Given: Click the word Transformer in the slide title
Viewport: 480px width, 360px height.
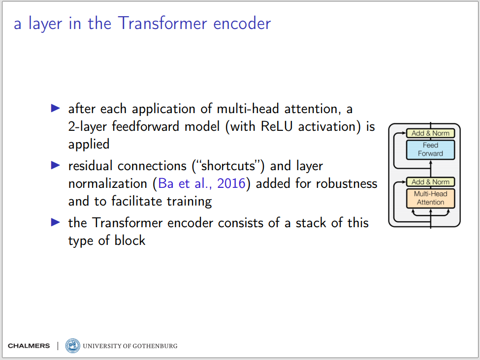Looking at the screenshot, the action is click(162, 23).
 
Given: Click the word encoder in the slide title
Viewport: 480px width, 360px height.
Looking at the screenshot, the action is click(242, 23).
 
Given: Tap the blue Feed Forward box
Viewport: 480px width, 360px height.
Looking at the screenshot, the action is click(430, 150).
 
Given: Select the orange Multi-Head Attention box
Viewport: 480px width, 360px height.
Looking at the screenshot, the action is click(430, 198).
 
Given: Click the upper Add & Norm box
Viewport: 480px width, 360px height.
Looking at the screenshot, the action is click(430, 133).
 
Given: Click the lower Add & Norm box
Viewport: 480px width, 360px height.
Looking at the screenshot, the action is click(430, 182).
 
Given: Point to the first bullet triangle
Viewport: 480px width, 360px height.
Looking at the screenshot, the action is click(56, 108).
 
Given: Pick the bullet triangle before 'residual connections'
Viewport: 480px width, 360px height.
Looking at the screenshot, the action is click(56, 165).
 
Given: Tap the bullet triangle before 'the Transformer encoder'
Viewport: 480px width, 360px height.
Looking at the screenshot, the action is click(56, 222).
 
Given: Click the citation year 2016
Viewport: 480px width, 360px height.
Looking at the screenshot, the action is click(231, 183).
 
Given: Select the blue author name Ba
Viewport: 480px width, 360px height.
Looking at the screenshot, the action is click(166, 183).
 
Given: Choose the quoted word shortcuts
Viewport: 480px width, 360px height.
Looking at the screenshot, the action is click(228, 166).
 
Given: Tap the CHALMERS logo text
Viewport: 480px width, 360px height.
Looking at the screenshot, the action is click(29, 346).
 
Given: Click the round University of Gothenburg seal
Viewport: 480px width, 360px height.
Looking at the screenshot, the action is click(72, 346).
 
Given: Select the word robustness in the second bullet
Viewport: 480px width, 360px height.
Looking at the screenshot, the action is click(347, 183).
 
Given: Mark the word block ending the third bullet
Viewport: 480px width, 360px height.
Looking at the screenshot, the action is click(130, 240).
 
